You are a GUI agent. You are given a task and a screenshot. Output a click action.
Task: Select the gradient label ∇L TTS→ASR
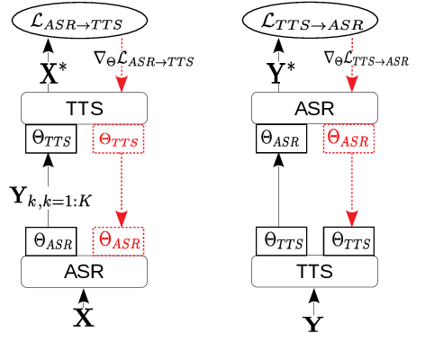(x=370, y=60)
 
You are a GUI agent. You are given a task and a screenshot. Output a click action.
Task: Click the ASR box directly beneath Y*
(x=312, y=109)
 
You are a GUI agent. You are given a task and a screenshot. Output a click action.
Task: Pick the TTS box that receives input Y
(x=312, y=271)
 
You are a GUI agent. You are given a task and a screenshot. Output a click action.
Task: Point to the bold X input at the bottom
(x=82, y=316)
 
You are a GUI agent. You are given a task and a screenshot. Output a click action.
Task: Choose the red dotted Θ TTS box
(x=118, y=139)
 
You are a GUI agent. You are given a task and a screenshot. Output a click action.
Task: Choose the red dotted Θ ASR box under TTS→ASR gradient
(x=348, y=139)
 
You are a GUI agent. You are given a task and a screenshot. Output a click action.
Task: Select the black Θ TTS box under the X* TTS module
(x=50, y=139)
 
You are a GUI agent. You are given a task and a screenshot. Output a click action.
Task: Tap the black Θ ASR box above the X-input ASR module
(x=50, y=240)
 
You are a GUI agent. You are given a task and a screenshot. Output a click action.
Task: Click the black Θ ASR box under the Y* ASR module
(x=280, y=139)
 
